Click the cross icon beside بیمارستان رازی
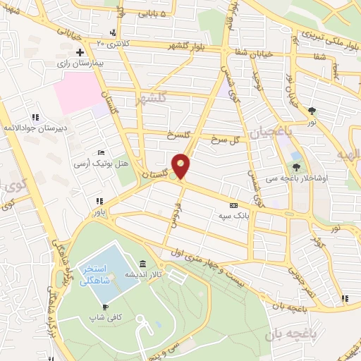click(x=81, y=53)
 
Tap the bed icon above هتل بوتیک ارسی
click(x=102, y=152)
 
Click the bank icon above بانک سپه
click(x=233, y=204)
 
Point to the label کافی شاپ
click(x=105, y=318)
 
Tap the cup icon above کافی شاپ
click(x=105, y=307)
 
